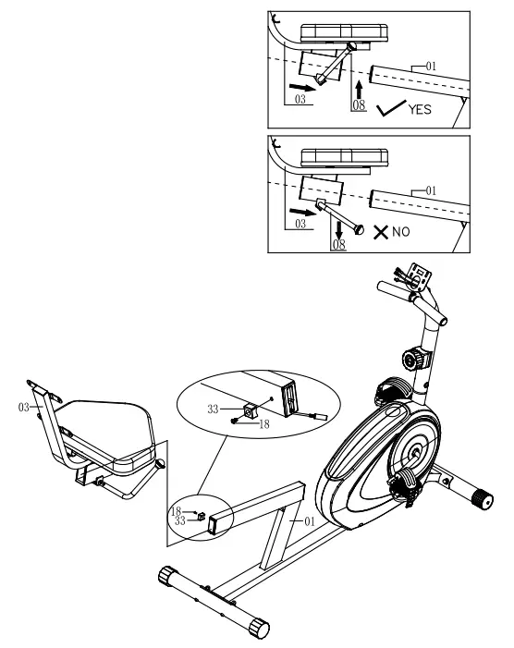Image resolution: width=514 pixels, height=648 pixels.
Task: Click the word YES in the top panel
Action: click(x=419, y=107)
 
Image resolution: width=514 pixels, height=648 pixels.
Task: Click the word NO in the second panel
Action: click(x=399, y=232)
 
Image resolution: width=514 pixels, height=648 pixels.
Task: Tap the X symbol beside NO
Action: click(x=379, y=232)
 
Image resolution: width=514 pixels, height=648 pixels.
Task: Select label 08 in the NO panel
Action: click(x=338, y=243)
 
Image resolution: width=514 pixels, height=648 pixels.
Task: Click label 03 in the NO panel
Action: click(x=299, y=224)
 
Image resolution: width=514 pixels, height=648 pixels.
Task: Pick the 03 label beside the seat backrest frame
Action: click(x=25, y=406)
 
